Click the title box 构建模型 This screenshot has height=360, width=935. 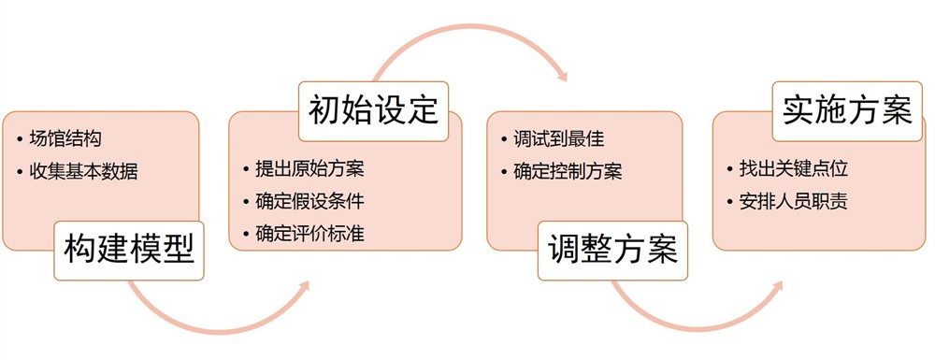pyautogui.click(x=129, y=250)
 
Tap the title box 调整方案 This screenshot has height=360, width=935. pyautogui.click(x=612, y=250)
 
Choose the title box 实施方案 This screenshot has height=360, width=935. pyautogui.click(x=847, y=111)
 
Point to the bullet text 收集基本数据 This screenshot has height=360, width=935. pyautogui.click(x=83, y=170)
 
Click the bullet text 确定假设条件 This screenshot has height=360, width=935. pyautogui.click(x=309, y=201)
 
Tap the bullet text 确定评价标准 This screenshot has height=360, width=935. pyautogui.click(x=309, y=233)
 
